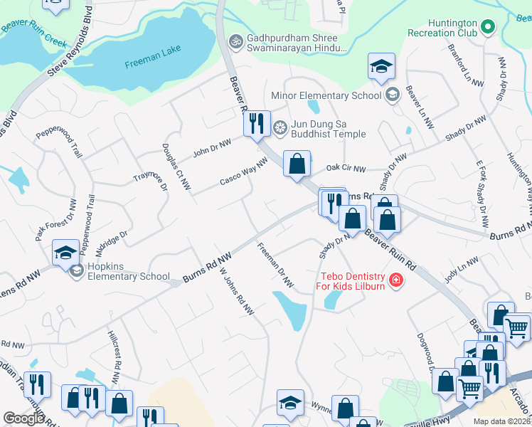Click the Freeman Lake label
tap(152, 56)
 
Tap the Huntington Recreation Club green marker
tap(487, 28)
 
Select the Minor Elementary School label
tap(327, 95)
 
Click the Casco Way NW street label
tap(243, 173)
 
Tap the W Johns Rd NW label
tap(237, 292)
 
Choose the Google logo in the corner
tap(24, 418)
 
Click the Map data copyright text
tap(502, 421)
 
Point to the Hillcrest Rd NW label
tap(115, 349)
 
